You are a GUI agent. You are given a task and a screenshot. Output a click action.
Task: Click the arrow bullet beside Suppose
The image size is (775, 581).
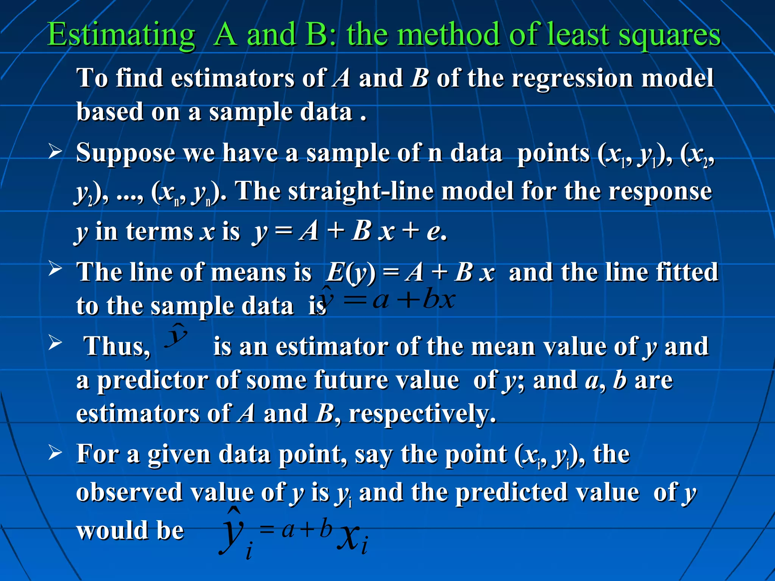click(55, 152)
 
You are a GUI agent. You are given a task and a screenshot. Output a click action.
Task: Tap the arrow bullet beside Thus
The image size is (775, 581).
click(55, 343)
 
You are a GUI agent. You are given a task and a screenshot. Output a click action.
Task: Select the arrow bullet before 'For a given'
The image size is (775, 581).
click(55, 452)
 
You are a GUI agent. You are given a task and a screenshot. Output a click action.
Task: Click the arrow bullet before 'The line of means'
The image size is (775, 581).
click(55, 269)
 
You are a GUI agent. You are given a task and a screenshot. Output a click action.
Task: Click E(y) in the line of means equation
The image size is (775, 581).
click(351, 272)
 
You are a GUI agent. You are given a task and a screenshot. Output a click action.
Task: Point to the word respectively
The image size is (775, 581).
click(422, 413)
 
